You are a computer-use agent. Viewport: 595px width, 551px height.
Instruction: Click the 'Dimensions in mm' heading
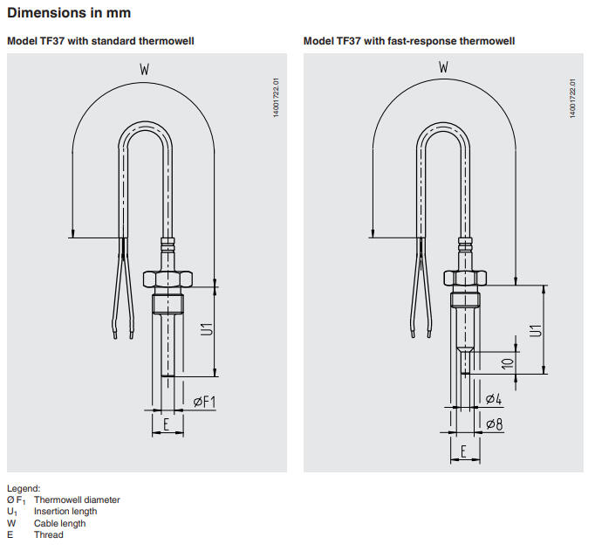[69, 13]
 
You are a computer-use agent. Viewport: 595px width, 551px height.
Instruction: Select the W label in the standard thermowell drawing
[144, 68]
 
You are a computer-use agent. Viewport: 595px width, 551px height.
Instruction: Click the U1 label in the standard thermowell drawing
[207, 331]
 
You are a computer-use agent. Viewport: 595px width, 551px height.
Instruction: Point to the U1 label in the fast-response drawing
[536, 331]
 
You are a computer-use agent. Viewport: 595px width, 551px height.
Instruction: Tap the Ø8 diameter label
[493, 424]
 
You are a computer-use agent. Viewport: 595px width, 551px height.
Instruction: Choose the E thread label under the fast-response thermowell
[464, 451]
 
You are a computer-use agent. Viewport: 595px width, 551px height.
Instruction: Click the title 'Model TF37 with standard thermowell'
[100, 41]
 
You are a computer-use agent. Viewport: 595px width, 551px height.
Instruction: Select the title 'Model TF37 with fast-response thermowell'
[409, 41]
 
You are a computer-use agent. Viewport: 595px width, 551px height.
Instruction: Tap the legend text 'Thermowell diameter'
[77, 500]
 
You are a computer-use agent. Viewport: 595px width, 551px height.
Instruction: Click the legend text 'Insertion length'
[65, 512]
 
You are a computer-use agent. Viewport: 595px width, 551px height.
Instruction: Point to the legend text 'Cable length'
[60, 523]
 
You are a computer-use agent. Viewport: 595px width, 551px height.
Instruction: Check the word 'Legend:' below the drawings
[24, 488]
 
